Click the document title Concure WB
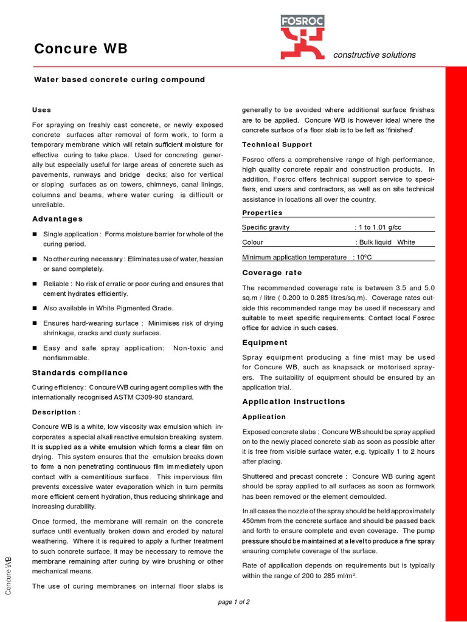[x=81, y=49]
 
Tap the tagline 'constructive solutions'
[x=375, y=55]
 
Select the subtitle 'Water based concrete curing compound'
[x=119, y=80]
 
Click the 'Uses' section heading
[x=41, y=110]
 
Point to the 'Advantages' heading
[x=57, y=219]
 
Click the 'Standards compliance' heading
[x=80, y=372]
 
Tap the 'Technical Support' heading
[x=277, y=145]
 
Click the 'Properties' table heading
[x=262, y=213]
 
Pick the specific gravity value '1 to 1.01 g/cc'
[x=380, y=227]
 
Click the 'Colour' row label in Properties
[x=252, y=242]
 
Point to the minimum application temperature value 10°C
[x=364, y=257]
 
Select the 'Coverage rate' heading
[x=272, y=273]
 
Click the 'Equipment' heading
[x=265, y=343]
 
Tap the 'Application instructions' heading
[x=293, y=402]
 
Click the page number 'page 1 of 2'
[x=233, y=602]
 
